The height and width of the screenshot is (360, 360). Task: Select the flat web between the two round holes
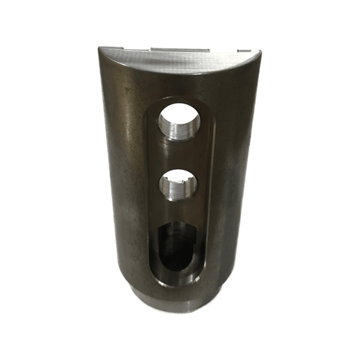pyautogui.click(x=179, y=155)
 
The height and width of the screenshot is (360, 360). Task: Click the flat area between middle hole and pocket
pyautogui.click(x=177, y=215)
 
